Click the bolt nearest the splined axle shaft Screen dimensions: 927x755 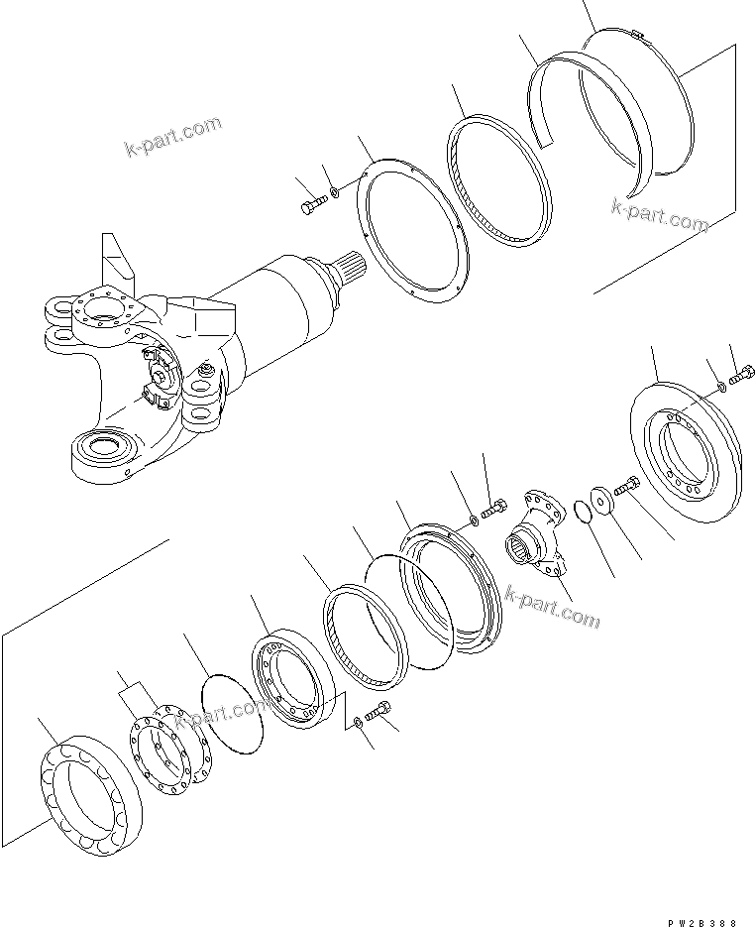311,205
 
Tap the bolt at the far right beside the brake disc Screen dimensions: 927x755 740,377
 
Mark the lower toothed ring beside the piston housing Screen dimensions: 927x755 365,639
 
